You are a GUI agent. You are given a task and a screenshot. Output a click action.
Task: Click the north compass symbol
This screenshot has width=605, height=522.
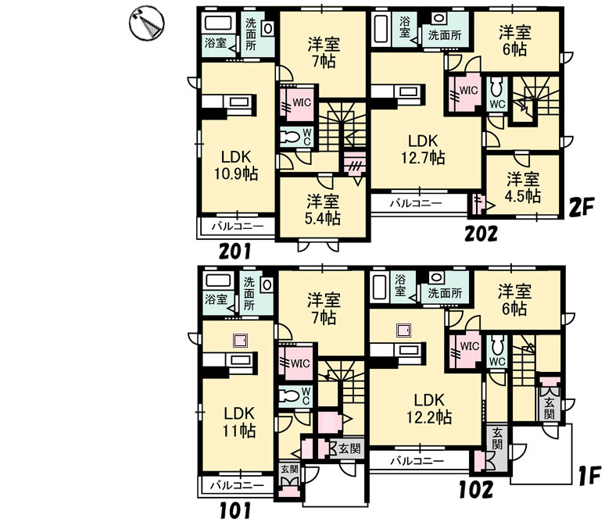(146, 23)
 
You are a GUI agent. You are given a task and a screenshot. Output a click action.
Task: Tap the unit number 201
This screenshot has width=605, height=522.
(235, 251)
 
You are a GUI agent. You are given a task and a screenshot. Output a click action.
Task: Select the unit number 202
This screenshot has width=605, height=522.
(481, 234)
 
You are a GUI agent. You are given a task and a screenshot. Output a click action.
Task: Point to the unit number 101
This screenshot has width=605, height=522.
(235, 510)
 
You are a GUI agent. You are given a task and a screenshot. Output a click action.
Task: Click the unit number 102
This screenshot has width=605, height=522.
(476, 490)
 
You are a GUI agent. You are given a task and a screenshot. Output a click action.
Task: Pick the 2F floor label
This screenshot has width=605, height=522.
(582, 209)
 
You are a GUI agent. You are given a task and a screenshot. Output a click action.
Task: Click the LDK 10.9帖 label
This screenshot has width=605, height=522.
(236, 166)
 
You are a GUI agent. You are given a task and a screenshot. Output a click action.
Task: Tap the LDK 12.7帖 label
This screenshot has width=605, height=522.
(424, 150)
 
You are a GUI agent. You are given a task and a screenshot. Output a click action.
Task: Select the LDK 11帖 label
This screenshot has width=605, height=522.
(239, 422)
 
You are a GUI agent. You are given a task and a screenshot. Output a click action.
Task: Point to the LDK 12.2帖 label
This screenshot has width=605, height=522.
(429, 409)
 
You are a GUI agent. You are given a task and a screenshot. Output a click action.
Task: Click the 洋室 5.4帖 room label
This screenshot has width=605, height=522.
(323, 210)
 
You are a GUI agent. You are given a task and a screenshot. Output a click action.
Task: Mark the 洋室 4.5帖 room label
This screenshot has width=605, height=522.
(523, 188)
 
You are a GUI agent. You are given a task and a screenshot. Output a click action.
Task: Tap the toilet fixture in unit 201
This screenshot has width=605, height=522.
(290, 137)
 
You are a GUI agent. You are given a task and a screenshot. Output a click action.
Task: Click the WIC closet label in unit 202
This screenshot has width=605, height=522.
(469, 91)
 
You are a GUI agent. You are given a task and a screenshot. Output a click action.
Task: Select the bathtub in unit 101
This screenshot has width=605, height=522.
(218, 281)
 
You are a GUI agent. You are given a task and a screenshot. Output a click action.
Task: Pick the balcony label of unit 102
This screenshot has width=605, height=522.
(417, 460)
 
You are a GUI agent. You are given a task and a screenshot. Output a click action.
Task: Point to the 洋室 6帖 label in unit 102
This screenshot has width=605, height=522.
(514, 300)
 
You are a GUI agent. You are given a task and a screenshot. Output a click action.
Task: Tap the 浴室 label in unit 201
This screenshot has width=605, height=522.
(216, 43)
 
